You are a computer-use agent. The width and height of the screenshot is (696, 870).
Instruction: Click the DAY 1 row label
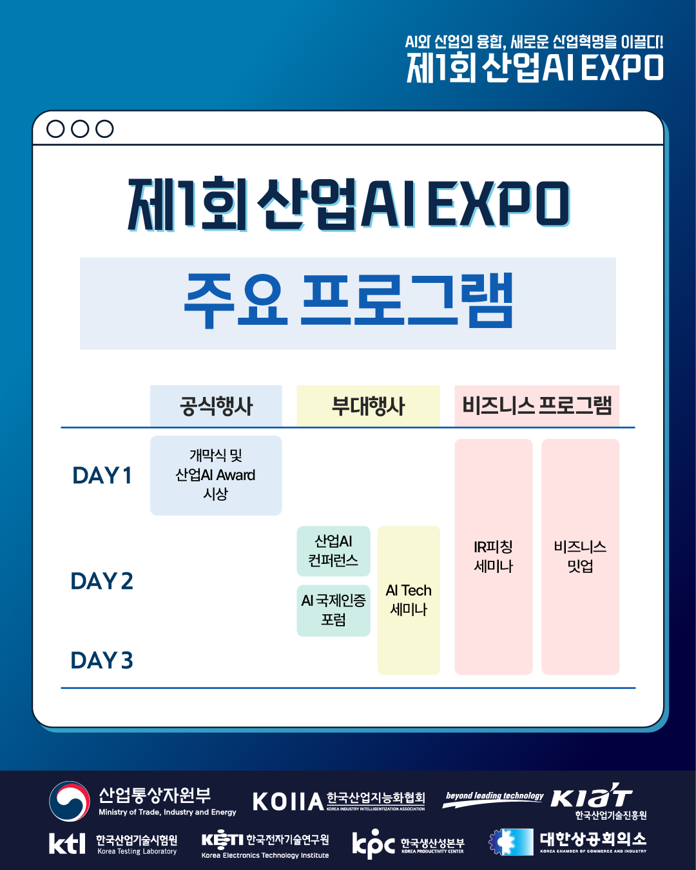[x=102, y=476]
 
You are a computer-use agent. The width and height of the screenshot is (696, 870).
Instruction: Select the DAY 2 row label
[x=102, y=581]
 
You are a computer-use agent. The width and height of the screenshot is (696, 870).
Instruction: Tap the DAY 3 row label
[x=102, y=660]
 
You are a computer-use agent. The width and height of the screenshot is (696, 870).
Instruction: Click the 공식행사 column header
[x=216, y=406]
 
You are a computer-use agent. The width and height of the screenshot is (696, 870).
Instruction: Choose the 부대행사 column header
[x=368, y=406]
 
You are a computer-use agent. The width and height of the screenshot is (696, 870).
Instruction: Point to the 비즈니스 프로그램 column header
[x=537, y=406]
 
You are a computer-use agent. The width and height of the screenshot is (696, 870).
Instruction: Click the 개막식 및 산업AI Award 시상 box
[x=216, y=475]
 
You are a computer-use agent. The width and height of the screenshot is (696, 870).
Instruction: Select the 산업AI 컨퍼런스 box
[x=333, y=551]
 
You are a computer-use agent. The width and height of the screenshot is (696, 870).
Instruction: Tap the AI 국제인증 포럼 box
[x=333, y=610]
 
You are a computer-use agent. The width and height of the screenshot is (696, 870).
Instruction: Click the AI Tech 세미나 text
[x=409, y=600]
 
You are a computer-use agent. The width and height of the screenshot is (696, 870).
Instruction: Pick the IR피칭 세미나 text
[x=494, y=557]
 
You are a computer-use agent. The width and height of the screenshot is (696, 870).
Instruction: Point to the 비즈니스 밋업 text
[x=581, y=557]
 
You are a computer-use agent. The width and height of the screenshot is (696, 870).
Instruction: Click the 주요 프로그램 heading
[x=348, y=301]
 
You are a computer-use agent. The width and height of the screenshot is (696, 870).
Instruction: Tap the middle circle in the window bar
[x=80, y=129]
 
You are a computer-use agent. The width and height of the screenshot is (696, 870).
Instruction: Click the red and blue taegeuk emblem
[x=70, y=801]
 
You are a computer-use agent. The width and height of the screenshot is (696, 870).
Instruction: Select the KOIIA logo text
[x=288, y=802]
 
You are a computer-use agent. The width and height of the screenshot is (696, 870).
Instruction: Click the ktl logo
[x=67, y=843]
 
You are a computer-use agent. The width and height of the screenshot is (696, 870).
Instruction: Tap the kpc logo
[x=373, y=844]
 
